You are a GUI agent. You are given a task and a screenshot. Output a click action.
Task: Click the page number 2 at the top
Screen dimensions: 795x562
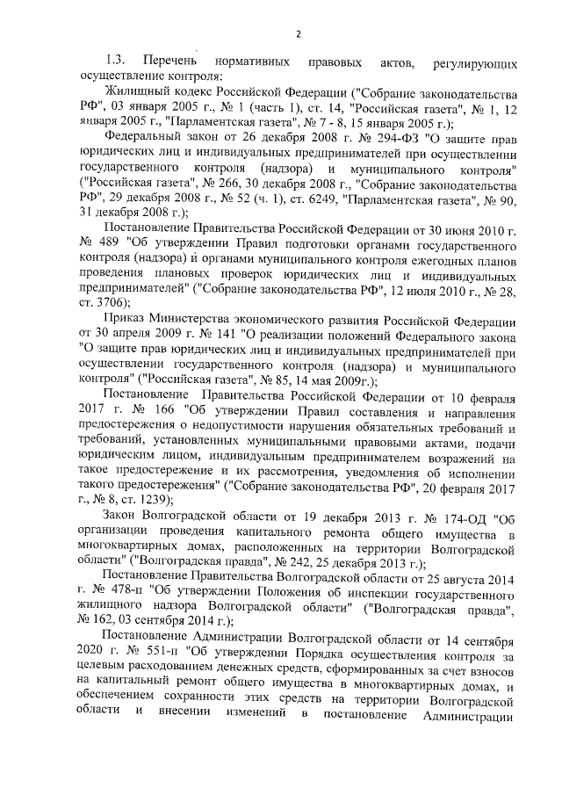298,34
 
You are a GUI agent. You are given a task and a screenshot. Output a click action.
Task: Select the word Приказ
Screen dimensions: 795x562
126,318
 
